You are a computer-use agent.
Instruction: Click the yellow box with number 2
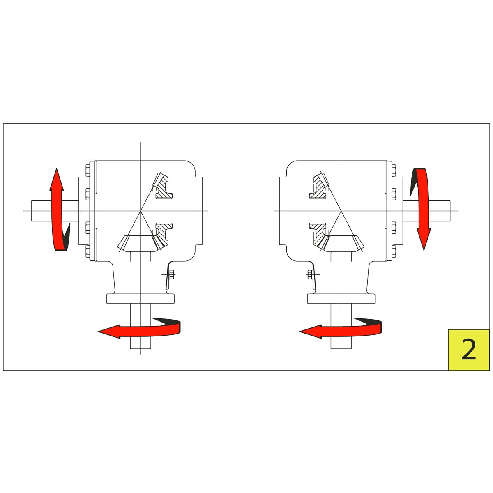pyautogui.click(x=468, y=350)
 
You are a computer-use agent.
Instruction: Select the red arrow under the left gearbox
pyautogui.click(x=139, y=329)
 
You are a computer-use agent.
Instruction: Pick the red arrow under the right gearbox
pyautogui.click(x=341, y=329)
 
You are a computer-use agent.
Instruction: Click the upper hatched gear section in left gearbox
pyautogui.click(x=162, y=186)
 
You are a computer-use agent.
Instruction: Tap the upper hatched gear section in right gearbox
pyautogui.click(x=319, y=186)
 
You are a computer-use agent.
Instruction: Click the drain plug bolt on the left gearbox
pyautogui.click(x=171, y=274)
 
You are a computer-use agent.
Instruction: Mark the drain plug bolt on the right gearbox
pyautogui.click(x=310, y=274)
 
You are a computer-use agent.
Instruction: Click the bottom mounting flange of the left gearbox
pyautogui.click(x=141, y=299)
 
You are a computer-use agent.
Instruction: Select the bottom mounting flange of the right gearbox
pyautogui.click(x=341, y=299)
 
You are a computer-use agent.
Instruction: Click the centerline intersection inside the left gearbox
pyautogui.click(x=141, y=211)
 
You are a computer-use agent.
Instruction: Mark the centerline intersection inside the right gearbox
pyautogui.click(x=341, y=211)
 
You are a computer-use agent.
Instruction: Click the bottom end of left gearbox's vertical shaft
pyautogui.click(x=141, y=349)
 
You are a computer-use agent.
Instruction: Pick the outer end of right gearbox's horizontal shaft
pyautogui.click(x=450, y=211)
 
